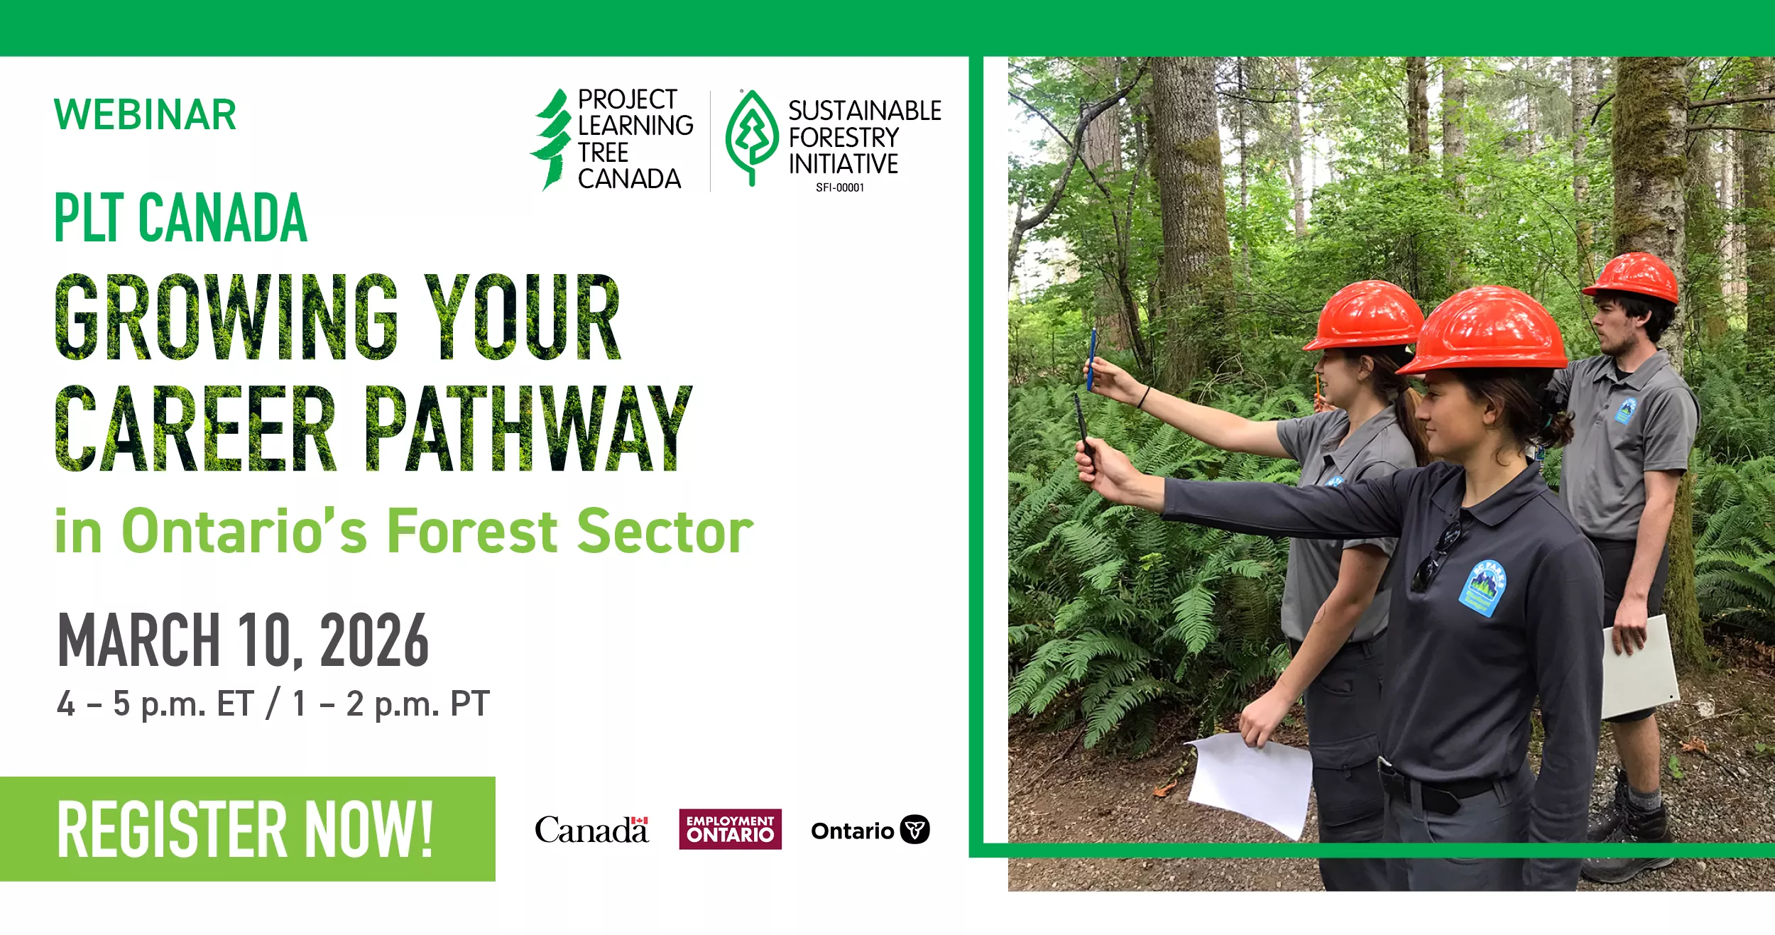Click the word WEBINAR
145,115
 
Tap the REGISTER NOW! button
247,829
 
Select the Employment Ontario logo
730,829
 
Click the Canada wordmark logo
591,829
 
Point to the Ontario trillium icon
914,829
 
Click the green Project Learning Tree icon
551,139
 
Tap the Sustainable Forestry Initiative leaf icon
751,138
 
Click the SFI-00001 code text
840,187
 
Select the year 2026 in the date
374,641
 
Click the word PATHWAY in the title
528,429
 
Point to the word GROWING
226,317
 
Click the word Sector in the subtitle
665,531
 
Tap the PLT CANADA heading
180,217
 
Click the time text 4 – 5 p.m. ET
155,704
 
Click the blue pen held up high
1091,359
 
